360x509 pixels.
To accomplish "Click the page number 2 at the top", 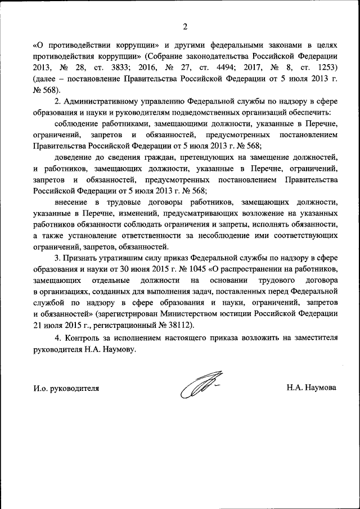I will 184,25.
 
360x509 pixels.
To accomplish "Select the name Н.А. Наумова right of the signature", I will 311,388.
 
